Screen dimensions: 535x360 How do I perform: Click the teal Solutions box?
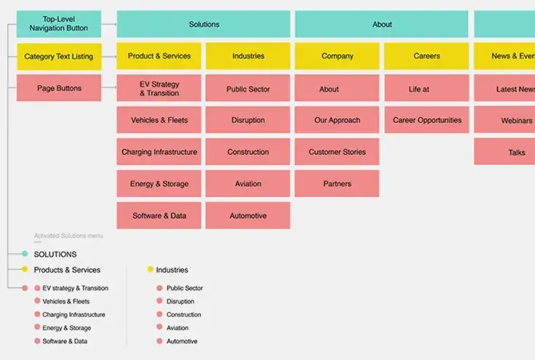pyautogui.click(x=203, y=24)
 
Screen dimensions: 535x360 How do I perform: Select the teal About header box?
pyautogui.click(x=382, y=24)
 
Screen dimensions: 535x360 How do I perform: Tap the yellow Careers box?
pyautogui.click(x=427, y=56)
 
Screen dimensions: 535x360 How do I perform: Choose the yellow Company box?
pyautogui.click(x=337, y=56)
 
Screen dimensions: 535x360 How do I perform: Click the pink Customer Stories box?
pyautogui.click(x=337, y=152)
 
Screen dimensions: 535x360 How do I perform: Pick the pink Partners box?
pyautogui.click(x=337, y=184)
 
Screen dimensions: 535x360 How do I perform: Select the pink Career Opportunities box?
pyautogui.click(x=427, y=120)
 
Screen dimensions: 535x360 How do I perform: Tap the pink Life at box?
pyautogui.click(x=427, y=89)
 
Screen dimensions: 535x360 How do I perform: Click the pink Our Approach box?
pyautogui.click(x=337, y=120)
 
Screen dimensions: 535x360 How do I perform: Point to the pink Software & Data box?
pyautogui.click(x=159, y=216)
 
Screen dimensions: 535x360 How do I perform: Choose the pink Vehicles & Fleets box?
pyautogui.click(x=159, y=120)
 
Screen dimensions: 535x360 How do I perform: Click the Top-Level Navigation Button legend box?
pyautogui.click(x=59, y=24)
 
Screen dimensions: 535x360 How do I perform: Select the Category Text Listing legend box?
pyautogui.click(x=59, y=56)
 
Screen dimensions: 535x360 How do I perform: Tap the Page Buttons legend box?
pyautogui.click(x=59, y=88)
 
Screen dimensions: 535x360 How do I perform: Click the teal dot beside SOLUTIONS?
pyautogui.click(x=25, y=255)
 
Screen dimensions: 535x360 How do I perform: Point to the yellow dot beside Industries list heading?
pyautogui.click(x=151, y=270)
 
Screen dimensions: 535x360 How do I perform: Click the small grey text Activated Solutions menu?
pyautogui.click(x=68, y=236)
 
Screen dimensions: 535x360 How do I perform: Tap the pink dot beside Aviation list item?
pyautogui.click(x=159, y=328)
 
